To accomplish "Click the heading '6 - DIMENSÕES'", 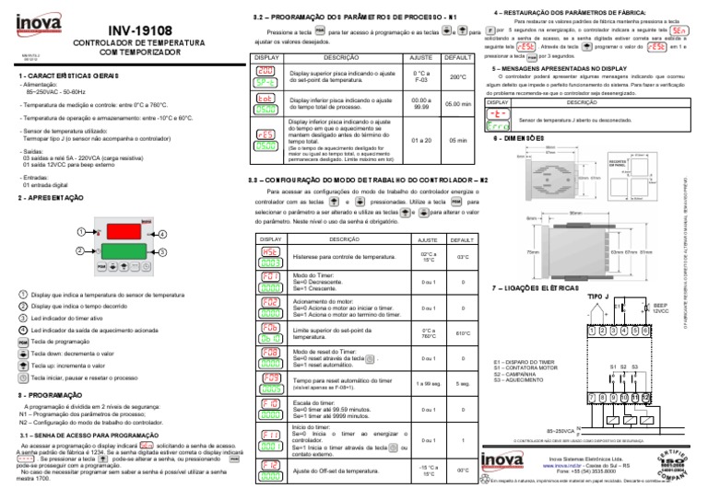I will (522, 138).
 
